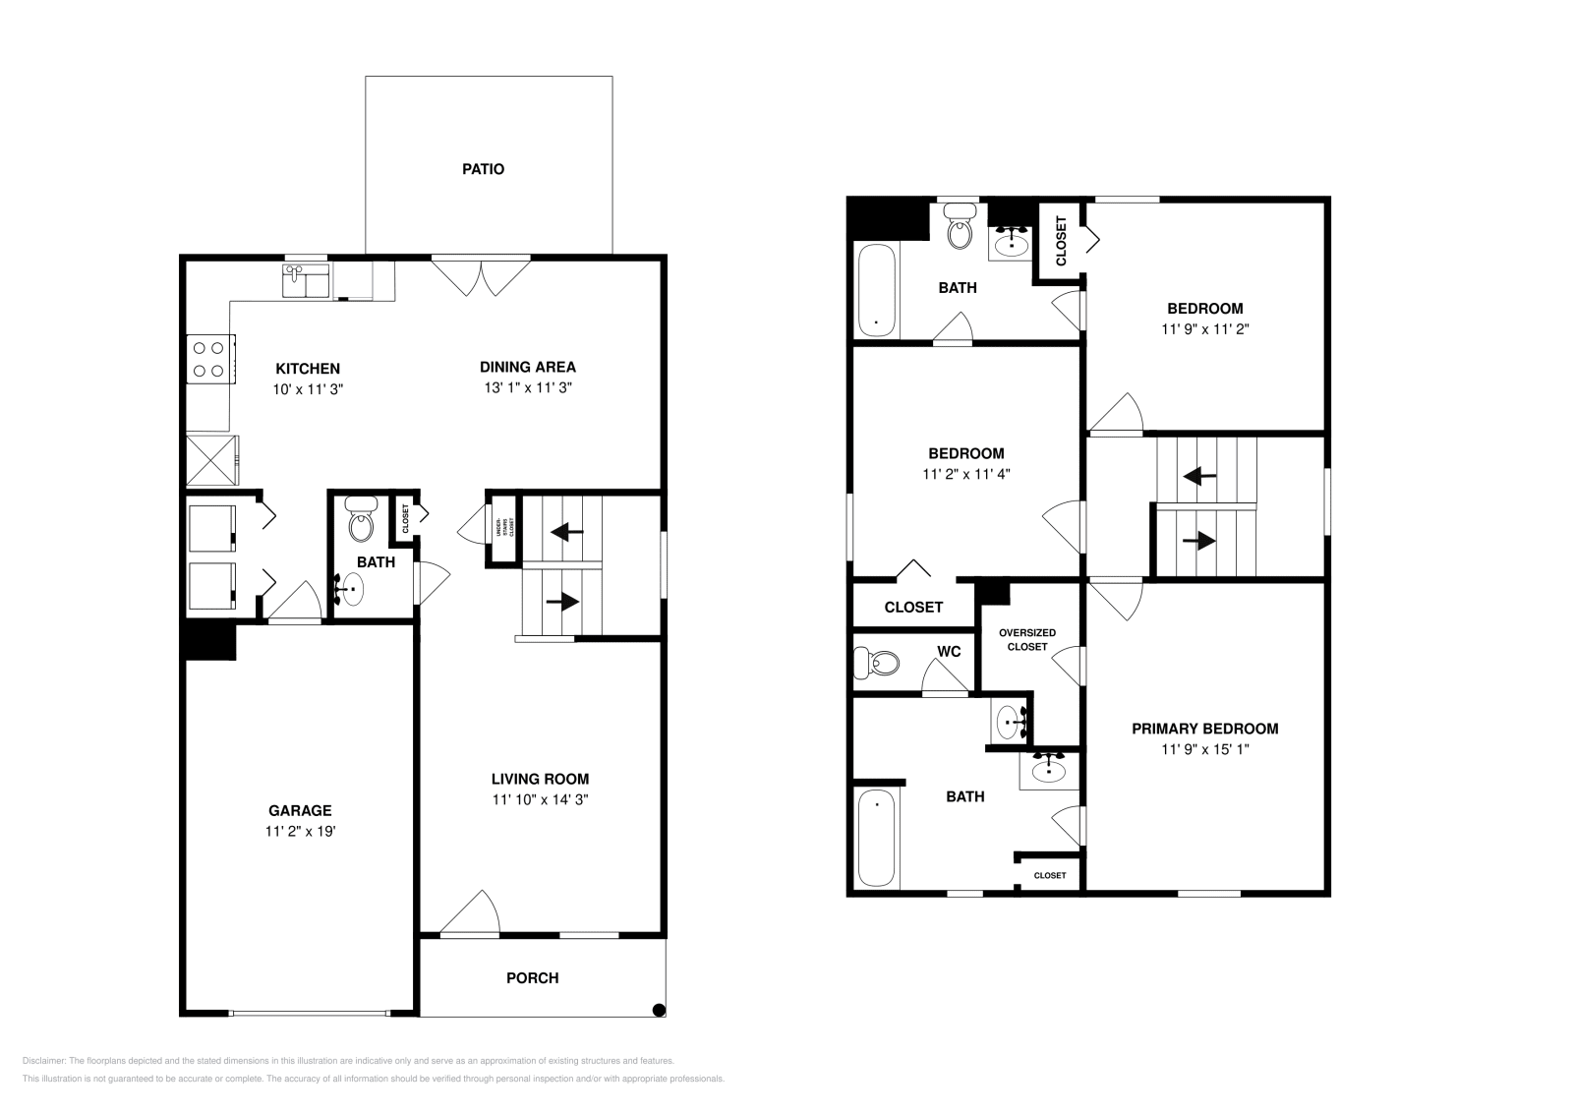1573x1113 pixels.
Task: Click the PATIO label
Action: (x=483, y=169)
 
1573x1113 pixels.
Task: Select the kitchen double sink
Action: (x=306, y=281)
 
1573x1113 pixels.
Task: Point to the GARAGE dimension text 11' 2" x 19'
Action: (x=300, y=832)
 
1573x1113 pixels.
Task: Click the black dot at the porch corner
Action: (x=659, y=1009)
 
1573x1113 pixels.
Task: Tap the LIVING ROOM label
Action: (x=540, y=779)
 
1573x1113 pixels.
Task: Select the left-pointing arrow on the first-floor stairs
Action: (x=566, y=532)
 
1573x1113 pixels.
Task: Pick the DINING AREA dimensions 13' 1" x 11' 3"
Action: (x=527, y=388)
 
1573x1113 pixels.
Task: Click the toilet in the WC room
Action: (x=876, y=664)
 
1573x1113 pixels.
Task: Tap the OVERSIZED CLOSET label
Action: (x=1026, y=639)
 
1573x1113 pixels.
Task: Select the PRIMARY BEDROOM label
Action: (x=1204, y=729)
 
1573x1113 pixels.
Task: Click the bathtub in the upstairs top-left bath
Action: (x=876, y=289)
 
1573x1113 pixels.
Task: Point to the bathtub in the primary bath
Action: (x=877, y=838)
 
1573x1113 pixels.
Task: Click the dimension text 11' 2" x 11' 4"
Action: (x=965, y=474)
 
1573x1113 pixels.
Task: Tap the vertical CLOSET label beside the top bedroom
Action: (x=1061, y=242)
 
